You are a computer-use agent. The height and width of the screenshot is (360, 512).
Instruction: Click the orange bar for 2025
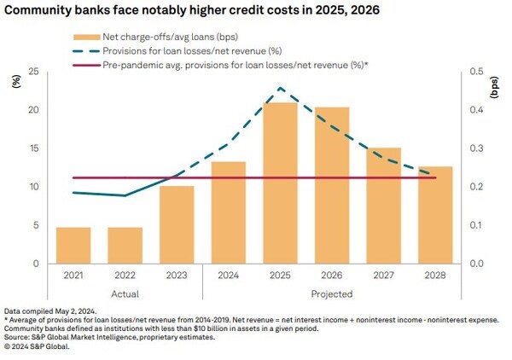280,183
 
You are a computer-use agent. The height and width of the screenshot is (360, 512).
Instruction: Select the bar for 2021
73,245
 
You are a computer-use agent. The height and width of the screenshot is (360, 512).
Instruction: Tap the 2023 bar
177,224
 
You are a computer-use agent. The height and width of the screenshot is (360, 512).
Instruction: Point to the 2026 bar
332,185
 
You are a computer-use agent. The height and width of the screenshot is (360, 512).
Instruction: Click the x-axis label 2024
229,276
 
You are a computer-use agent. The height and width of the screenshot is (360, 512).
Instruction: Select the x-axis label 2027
383,276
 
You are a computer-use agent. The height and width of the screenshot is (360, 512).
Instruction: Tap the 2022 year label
125,276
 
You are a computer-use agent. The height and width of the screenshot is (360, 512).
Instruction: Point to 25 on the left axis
33,73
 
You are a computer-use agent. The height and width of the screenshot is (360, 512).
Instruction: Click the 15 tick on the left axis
33,149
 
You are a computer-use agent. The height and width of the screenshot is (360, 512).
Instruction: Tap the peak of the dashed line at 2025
280,88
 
